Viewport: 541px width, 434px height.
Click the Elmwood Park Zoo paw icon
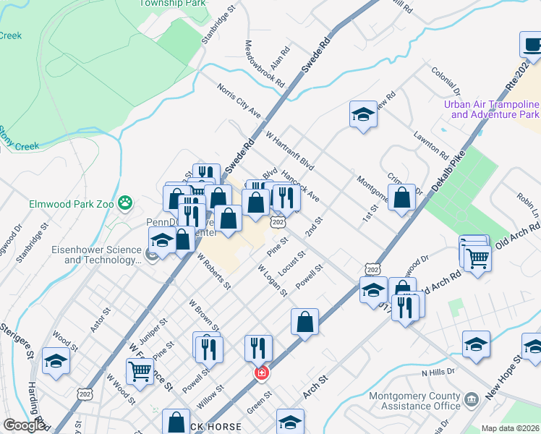[x=126, y=203]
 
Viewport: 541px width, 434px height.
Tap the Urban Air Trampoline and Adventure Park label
[x=491, y=109]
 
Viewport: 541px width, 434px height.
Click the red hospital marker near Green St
[x=261, y=373]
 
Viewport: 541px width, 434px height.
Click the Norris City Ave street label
[x=239, y=100]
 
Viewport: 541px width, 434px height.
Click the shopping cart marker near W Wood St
[x=140, y=372]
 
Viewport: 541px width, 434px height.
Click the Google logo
[x=25, y=425]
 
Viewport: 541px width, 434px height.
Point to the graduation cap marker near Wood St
[x=56, y=361]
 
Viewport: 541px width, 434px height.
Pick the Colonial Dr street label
[x=446, y=80]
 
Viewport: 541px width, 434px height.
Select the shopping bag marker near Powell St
[x=304, y=322]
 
